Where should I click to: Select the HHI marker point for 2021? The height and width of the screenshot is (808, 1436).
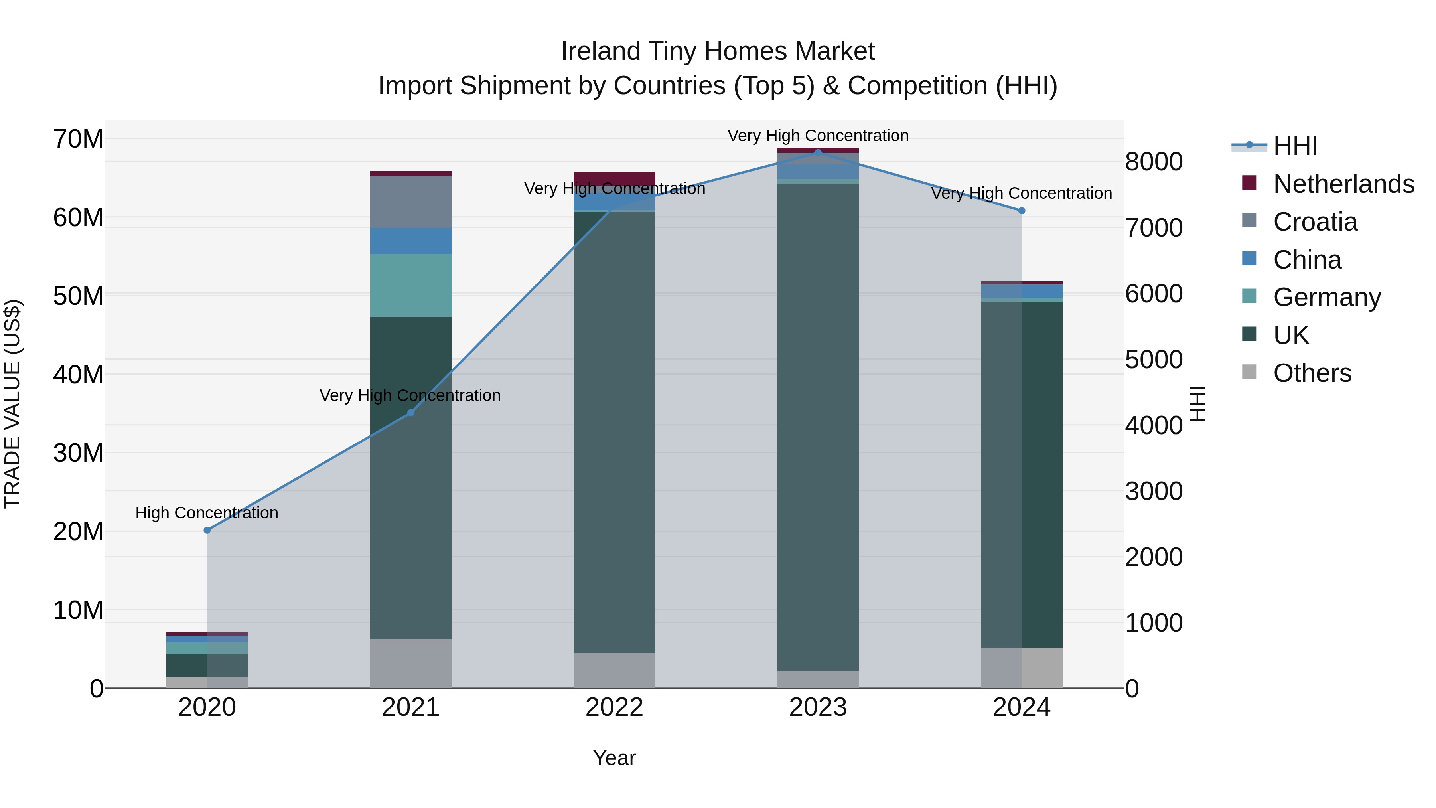point(411,413)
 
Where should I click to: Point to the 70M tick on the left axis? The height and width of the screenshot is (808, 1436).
point(78,139)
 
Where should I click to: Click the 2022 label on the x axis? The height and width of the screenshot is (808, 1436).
point(614,707)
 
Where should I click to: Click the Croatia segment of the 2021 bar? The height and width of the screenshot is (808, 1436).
point(411,202)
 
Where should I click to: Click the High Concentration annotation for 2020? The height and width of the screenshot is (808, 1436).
point(207,512)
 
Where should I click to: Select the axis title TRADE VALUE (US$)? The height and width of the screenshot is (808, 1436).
point(12,404)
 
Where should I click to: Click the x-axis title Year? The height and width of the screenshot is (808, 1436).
point(614,758)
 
